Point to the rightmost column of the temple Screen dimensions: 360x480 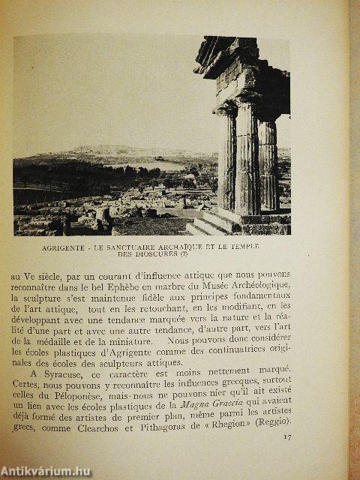(268, 165)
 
